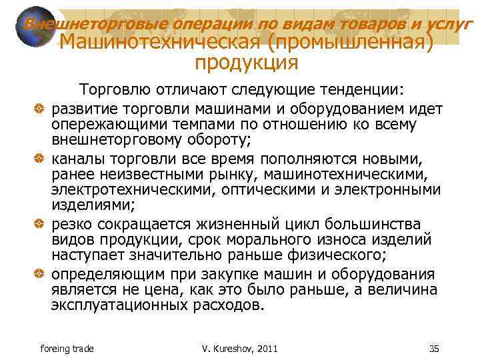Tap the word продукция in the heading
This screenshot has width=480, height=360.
246,63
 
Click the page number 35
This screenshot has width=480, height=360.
435,349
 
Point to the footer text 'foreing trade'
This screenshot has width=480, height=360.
67,349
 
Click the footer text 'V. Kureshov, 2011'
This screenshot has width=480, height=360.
239,349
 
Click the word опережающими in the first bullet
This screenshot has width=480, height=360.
103,124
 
